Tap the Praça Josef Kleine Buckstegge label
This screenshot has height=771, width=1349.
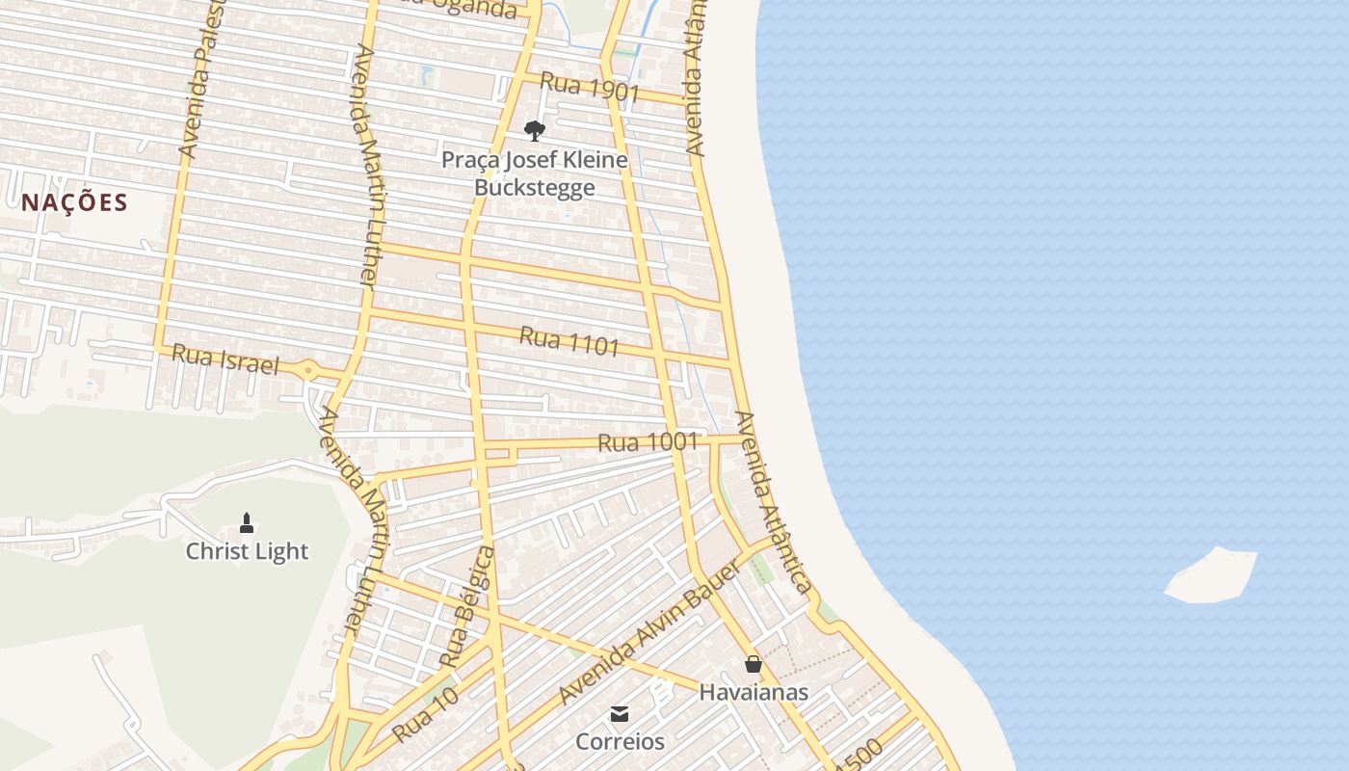[534, 173]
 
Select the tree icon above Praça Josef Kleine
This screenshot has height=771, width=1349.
[534, 131]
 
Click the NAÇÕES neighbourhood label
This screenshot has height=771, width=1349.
[74, 202]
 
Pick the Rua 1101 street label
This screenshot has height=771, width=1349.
[569, 340]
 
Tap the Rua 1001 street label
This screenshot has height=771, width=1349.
[648, 442]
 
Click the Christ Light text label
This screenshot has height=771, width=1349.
[247, 551]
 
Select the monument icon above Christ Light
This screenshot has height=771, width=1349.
[247, 523]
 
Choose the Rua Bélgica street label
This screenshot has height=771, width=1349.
[467, 607]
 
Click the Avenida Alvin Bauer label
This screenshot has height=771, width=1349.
[650, 632]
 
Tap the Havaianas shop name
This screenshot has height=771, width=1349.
[754, 692]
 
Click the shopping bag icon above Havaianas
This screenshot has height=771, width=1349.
[754, 664]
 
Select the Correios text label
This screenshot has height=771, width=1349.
[620, 741]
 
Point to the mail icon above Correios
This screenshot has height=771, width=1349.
[620, 714]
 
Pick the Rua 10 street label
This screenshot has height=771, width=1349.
[425, 717]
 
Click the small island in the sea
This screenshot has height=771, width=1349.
[1211, 575]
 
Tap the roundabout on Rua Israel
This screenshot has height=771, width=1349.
[307, 369]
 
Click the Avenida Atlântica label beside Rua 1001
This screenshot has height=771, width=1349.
[772, 501]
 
